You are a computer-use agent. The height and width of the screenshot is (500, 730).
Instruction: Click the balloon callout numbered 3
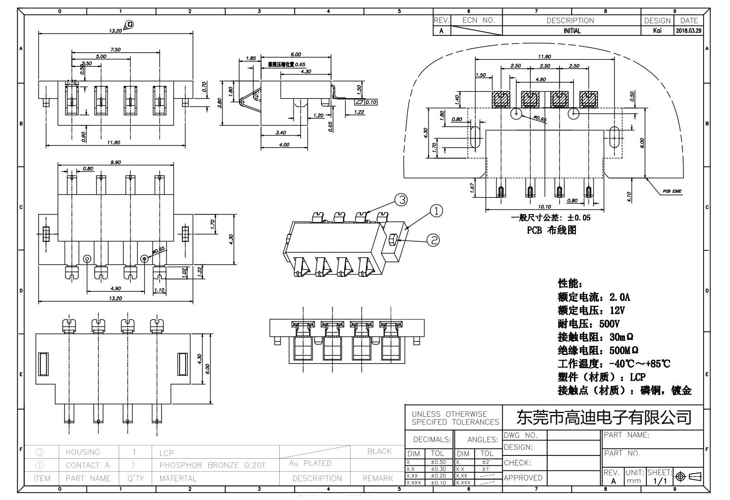(401, 200)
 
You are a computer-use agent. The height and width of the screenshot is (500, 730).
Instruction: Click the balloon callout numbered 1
(436, 211)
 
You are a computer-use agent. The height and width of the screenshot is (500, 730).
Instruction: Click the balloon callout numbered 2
(433, 240)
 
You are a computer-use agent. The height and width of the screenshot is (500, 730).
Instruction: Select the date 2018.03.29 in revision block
(689, 31)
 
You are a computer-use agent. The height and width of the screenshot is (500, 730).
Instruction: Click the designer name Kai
(657, 31)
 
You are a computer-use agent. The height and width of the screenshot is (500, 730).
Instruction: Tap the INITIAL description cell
(572, 31)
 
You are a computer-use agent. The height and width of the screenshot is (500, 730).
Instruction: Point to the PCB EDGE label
(672, 191)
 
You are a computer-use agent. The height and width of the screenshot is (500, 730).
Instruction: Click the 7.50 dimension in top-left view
(116, 50)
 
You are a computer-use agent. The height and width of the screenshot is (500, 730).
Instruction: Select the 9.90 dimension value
(116, 162)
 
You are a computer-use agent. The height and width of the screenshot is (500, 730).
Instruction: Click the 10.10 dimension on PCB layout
(544, 206)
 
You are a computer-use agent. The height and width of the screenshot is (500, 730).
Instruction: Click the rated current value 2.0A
(619, 297)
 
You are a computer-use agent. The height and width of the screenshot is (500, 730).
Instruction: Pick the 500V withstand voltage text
(609, 324)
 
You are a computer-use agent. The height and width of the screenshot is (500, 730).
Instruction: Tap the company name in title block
(604, 417)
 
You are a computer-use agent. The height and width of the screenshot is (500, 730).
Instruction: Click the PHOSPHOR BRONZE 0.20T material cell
(212, 465)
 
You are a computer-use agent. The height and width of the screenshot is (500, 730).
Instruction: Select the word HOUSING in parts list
(82, 452)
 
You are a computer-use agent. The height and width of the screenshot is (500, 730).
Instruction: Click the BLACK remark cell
(379, 451)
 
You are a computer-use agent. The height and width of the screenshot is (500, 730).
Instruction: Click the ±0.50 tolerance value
(438, 462)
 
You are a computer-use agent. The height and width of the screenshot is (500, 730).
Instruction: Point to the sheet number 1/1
(660, 481)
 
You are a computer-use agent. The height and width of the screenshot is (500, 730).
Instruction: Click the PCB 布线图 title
(551, 230)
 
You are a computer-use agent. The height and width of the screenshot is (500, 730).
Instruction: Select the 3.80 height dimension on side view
(220, 103)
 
